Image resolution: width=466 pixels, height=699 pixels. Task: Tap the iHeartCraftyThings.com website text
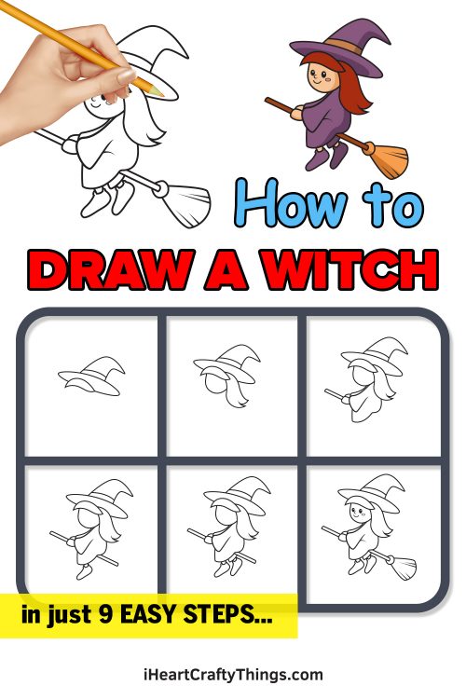click(x=233, y=674)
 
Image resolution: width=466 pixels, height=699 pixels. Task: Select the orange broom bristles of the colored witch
click(x=385, y=158)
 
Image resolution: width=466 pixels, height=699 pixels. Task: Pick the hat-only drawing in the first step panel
click(x=90, y=377)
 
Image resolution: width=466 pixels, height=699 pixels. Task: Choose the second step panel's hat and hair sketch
click(x=226, y=377)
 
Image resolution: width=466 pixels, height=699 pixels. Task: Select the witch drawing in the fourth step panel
click(x=93, y=531)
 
